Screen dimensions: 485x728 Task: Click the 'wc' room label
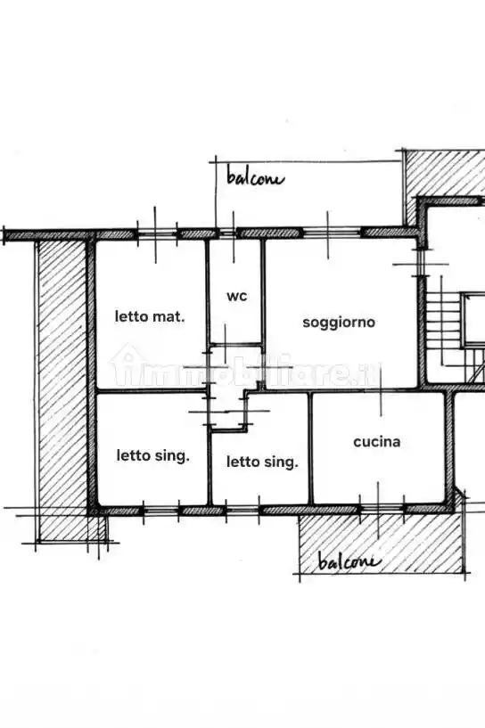pyautogui.click(x=237, y=296)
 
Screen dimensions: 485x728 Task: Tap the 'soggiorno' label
pyautogui.click(x=339, y=323)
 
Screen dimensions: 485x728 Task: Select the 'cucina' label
pyautogui.click(x=377, y=442)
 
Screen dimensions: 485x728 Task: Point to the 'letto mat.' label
pyautogui.click(x=150, y=316)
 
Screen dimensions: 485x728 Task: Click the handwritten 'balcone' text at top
pyautogui.click(x=255, y=178)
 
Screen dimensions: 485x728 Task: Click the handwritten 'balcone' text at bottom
pyautogui.click(x=349, y=561)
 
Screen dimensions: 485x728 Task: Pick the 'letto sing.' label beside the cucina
pyautogui.click(x=262, y=462)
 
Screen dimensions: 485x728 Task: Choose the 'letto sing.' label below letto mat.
pyautogui.click(x=152, y=455)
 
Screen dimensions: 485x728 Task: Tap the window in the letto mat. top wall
pyautogui.click(x=157, y=233)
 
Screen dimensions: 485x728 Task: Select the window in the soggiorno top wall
pyautogui.click(x=332, y=233)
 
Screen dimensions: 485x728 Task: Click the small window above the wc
pyautogui.click(x=227, y=233)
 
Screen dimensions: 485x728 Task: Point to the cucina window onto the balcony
pyautogui.click(x=382, y=510)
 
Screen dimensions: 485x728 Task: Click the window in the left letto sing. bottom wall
pyautogui.click(x=161, y=511)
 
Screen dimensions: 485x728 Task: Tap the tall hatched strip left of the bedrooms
pyautogui.click(x=62, y=390)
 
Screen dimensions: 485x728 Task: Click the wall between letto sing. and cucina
pyautogui.click(x=310, y=448)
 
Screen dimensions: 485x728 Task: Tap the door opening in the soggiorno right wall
pyautogui.click(x=421, y=263)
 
